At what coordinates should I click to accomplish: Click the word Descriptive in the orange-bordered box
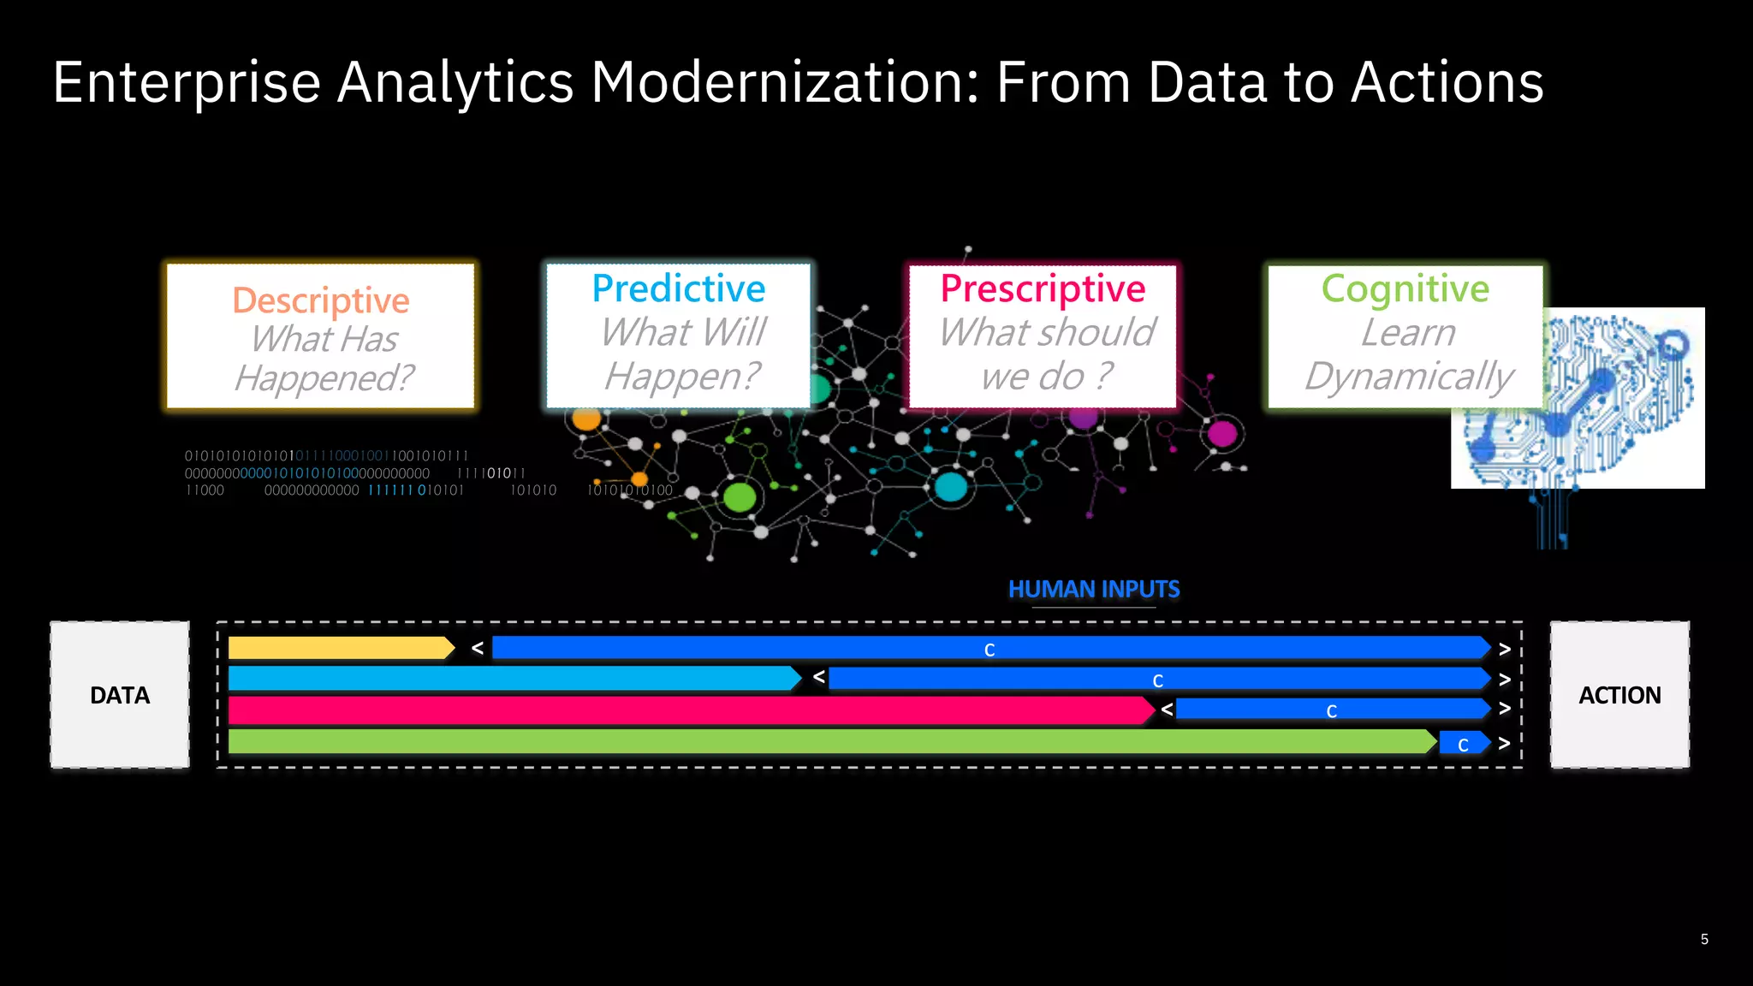pyautogui.click(x=321, y=300)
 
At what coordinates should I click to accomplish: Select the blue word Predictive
pyautogui.click(x=679, y=288)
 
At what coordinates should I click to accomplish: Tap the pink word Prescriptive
pyautogui.click(x=1043, y=288)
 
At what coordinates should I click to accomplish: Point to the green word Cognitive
pyautogui.click(x=1405, y=288)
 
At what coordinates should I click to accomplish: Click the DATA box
pyautogui.click(x=120, y=695)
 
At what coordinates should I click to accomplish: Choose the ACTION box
pyautogui.click(x=1619, y=695)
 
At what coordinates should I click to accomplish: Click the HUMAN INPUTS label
pyautogui.click(x=1094, y=589)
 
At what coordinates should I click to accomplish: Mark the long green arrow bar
pyautogui.click(x=830, y=742)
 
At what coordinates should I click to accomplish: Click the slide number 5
pyautogui.click(x=1704, y=940)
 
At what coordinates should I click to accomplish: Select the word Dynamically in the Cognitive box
pyautogui.click(x=1409, y=377)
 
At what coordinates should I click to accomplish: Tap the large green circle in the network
pyautogui.click(x=740, y=497)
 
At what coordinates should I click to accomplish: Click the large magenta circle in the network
pyautogui.click(x=1222, y=434)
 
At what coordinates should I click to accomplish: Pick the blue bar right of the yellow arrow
pyautogui.click(x=990, y=649)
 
